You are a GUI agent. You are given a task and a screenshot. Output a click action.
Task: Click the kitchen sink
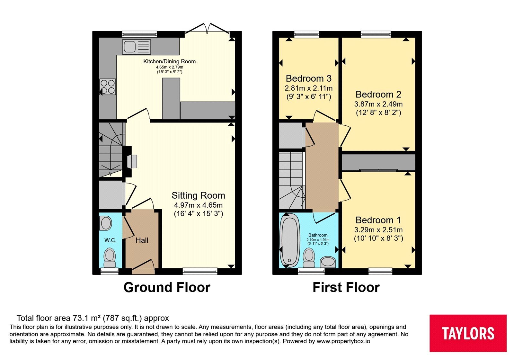136,47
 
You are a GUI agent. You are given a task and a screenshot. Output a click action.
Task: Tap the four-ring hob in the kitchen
107,87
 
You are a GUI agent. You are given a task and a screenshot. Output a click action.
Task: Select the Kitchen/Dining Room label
169,61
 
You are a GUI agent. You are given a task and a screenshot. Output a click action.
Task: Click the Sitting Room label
198,195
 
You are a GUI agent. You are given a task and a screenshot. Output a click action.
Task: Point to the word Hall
142,240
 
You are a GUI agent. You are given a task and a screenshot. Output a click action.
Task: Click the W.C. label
111,240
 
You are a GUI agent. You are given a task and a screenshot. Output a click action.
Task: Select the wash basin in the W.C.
106,223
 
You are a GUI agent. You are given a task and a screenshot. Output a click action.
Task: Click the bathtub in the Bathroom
289,241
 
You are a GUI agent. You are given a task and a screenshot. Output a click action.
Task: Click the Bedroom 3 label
309,78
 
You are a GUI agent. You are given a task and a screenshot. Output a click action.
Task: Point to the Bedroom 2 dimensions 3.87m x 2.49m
378,104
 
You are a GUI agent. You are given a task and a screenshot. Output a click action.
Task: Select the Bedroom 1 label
378,220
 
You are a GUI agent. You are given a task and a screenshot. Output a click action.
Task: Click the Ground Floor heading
167,287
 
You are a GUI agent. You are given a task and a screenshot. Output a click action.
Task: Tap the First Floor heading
346,287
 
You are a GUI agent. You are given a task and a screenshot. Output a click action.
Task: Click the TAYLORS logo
468,333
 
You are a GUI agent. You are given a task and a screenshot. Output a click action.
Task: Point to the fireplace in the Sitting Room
130,162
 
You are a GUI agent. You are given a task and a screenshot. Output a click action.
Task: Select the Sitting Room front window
200,271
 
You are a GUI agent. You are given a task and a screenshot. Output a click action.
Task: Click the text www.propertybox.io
343,341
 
